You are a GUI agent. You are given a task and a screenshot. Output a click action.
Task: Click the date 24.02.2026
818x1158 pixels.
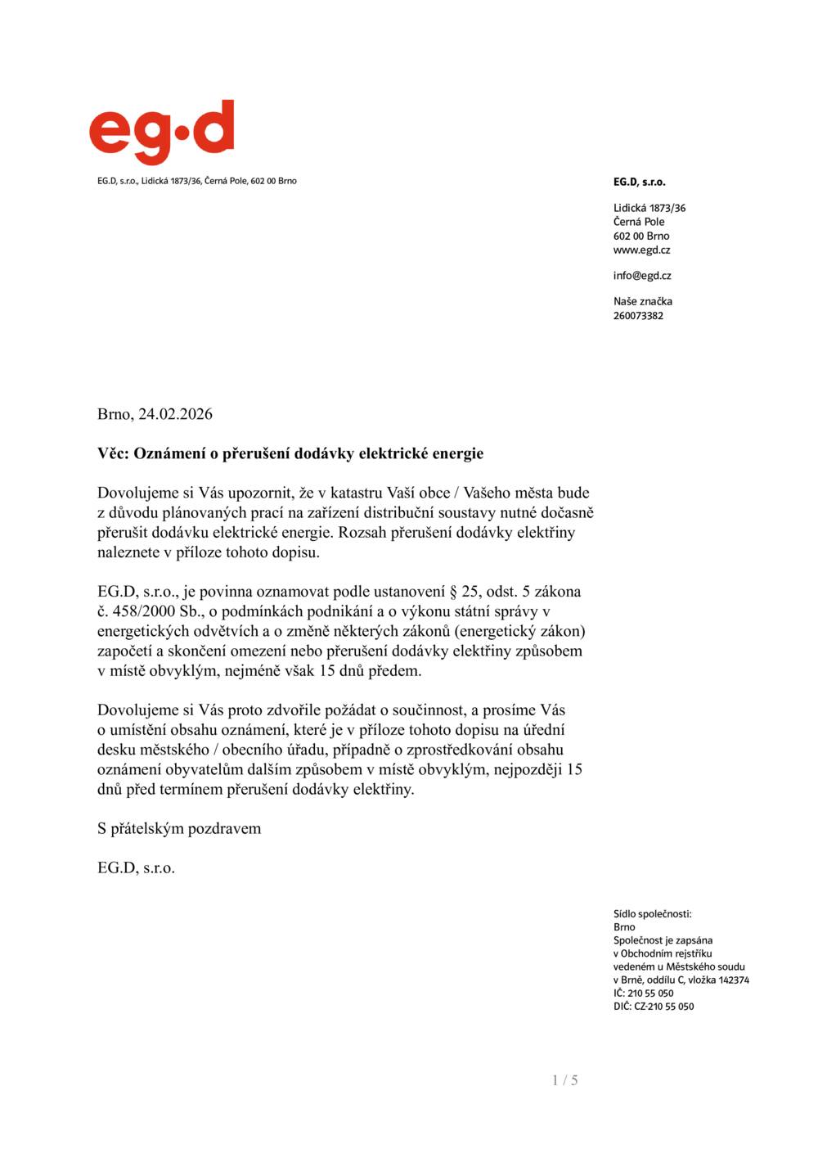pyautogui.click(x=175, y=414)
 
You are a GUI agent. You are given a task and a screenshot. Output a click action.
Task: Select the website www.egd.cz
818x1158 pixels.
pyautogui.click(x=641, y=250)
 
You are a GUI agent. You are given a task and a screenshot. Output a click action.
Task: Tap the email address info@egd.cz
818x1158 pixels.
pyautogui.click(x=642, y=276)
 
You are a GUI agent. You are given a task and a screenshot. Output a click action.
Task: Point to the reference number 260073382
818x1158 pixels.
pyautogui.click(x=638, y=316)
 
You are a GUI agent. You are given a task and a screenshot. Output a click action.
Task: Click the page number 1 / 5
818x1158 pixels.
pyautogui.click(x=565, y=1080)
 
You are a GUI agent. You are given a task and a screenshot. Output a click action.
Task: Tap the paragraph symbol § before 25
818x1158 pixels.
pyautogui.click(x=453, y=592)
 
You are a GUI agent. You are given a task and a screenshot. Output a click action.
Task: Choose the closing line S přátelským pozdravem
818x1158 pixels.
pyautogui.click(x=179, y=828)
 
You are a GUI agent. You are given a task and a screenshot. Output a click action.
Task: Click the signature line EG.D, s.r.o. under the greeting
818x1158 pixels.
pyautogui.click(x=136, y=867)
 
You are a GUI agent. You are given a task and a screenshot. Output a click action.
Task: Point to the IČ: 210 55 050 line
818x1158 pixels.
pyautogui.click(x=644, y=994)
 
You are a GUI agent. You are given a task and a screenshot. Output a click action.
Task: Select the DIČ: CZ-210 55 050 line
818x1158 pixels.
pyautogui.click(x=654, y=1007)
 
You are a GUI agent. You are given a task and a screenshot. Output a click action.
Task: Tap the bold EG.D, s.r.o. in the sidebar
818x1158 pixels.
pyautogui.click(x=639, y=182)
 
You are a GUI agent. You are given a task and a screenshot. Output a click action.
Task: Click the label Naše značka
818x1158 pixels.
pyautogui.click(x=643, y=301)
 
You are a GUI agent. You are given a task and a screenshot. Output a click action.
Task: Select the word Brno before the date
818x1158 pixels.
pyautogui.click(x=114, y=414)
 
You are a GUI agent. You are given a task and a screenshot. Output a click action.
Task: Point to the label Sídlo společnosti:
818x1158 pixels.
pyautogui.click(x=652, y=914)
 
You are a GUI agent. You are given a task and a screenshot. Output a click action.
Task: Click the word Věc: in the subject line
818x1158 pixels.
pyautogui.click(x=113, y=453)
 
